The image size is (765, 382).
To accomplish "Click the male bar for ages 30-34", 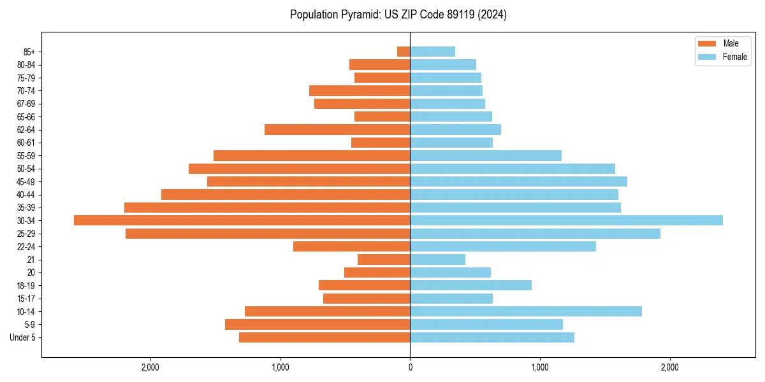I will (x=242, y=220).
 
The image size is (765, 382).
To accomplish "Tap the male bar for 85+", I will (x=404, y=52).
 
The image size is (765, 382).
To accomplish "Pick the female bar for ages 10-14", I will (x=526, y=311).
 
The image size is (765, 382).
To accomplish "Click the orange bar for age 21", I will (x=384, y=259).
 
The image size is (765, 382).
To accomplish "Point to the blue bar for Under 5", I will (x=492, y=337).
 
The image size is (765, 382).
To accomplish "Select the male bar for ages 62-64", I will (x=337, y=129).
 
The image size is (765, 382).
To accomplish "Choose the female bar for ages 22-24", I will (x=503, y=246).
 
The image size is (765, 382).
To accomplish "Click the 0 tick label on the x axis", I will (x=410, y=367).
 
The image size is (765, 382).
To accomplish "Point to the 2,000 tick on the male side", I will (x=150, y=367).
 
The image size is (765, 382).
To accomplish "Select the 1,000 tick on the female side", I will (x=540, y=367).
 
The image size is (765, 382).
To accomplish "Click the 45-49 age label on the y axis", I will (x=26, y=181).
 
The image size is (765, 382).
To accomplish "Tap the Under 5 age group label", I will (x=22, y=337).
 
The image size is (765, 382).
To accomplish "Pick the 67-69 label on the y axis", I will (x=26, y=104).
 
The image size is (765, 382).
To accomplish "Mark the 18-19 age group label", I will (x=26, y=285).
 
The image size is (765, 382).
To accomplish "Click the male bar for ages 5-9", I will (x=317, y=324).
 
